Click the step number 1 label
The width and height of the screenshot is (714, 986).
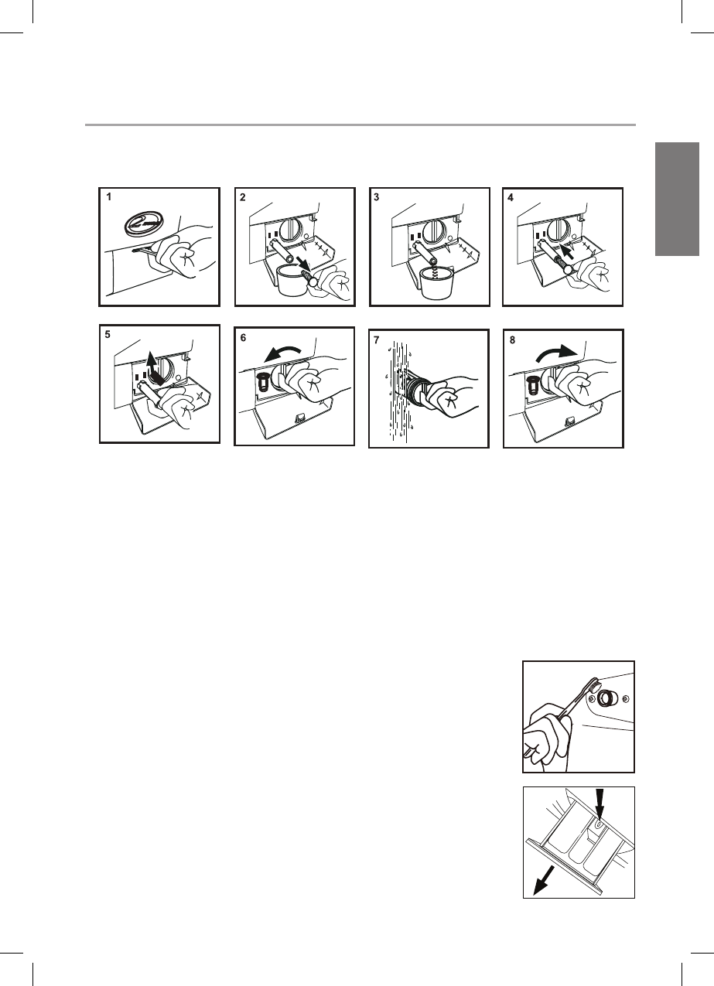[109, 197]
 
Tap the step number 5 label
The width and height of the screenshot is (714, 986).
[108, 335]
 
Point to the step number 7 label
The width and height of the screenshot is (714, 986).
[376, 340]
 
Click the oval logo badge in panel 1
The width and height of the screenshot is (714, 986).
[142, 225]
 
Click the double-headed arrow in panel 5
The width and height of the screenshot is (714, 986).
[154, 368]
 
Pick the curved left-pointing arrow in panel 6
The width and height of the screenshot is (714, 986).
[282, 352]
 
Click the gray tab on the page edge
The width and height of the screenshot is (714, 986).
[677, 199]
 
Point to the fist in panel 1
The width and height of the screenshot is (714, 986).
[183, 259]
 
